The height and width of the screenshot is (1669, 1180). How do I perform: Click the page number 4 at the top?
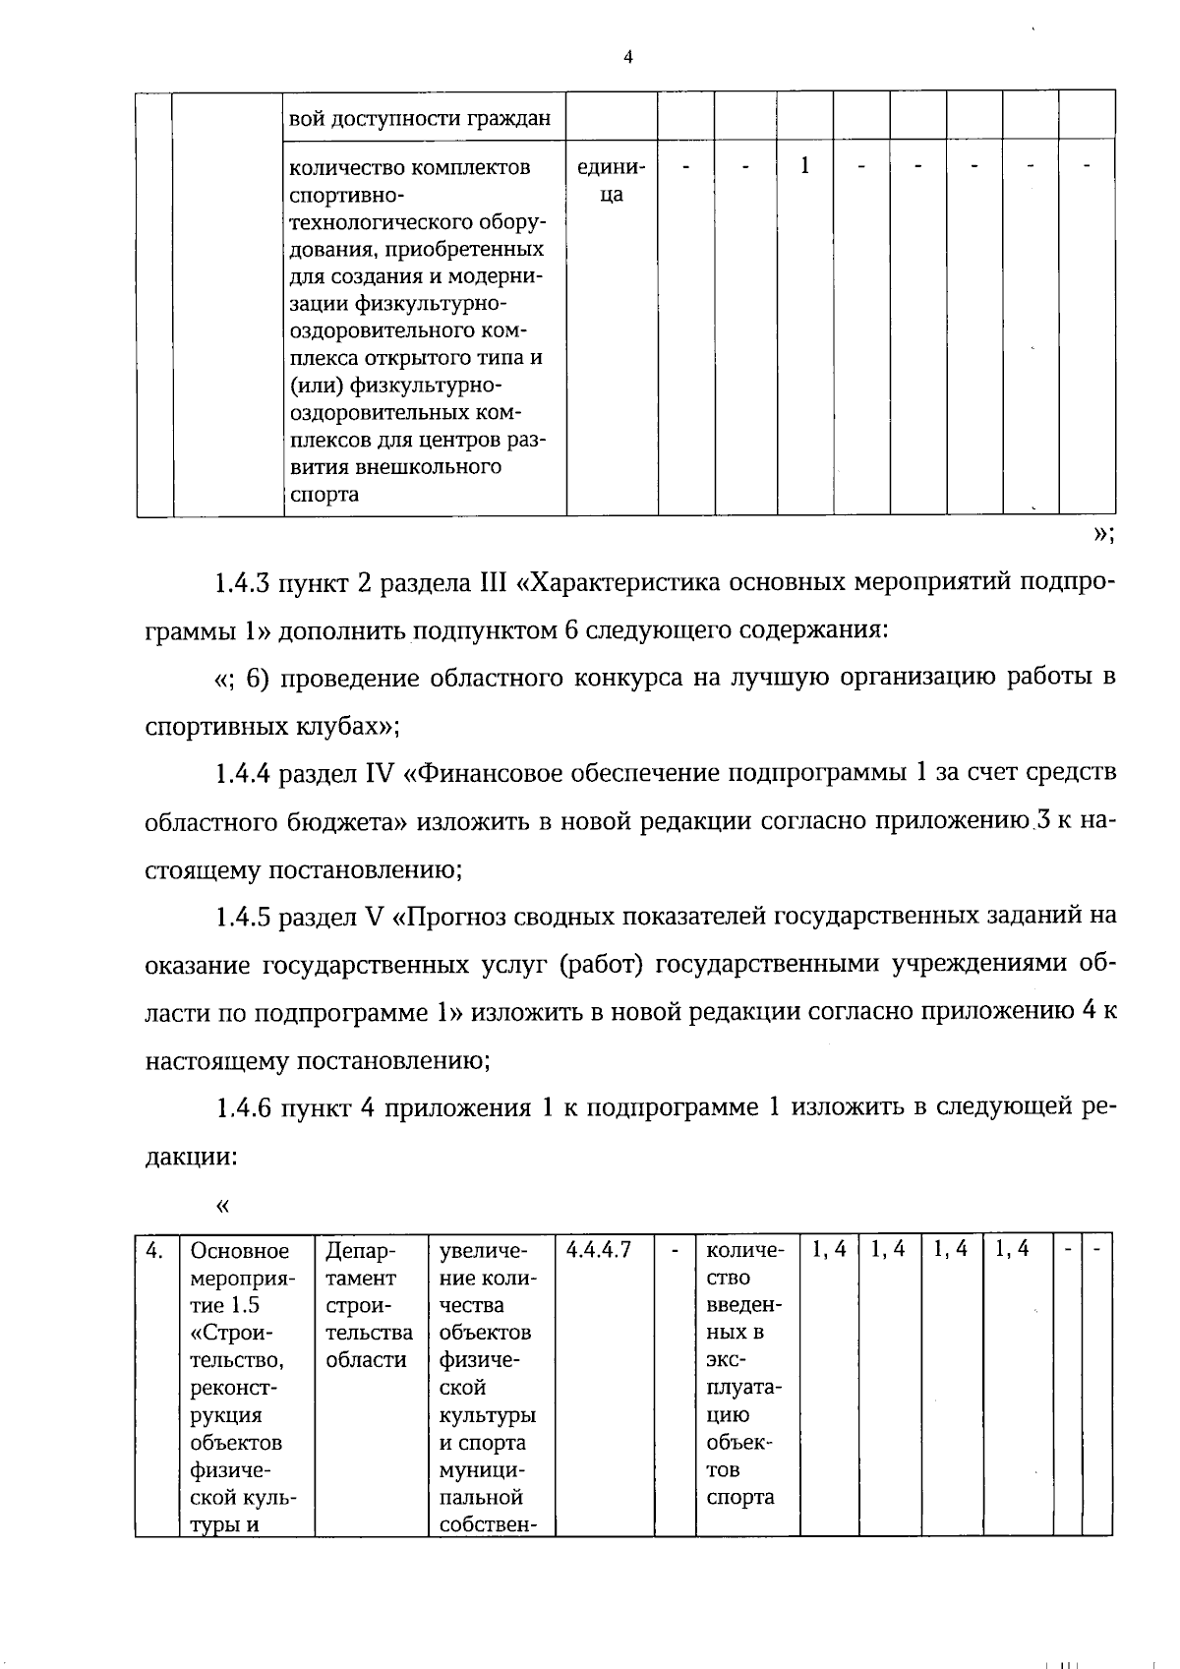(x=628, y=57)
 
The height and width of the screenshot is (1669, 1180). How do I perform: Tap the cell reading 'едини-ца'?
(x=612, y=181)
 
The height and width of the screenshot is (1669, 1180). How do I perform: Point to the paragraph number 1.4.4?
(x=242, y=774)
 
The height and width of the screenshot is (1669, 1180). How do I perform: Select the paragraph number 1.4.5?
(x=242, y=917)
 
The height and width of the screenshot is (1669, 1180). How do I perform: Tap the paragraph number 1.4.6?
(x=242, y=1108)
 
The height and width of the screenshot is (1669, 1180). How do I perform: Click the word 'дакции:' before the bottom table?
(x=191, y=1157)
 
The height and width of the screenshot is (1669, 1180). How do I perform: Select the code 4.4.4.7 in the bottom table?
(x=599, y=1250)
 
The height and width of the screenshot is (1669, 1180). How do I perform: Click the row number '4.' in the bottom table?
(x=154, y=1250)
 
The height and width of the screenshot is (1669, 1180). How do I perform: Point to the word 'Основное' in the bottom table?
(x=240, y=1251)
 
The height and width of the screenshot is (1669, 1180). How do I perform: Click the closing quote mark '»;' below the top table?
(x=1102, y=534)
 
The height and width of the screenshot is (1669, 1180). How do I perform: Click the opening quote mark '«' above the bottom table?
(x=222, y=1205)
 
